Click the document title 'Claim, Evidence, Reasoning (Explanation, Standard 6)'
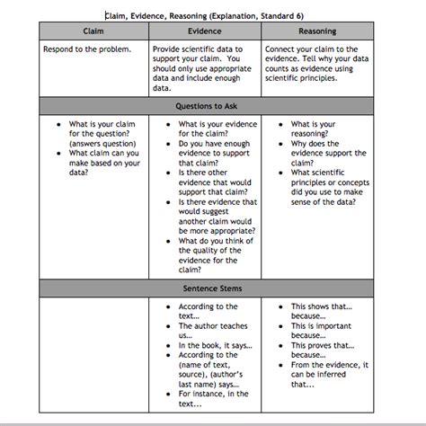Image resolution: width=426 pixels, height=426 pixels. coord(209,15)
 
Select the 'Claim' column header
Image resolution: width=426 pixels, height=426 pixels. coord(93,31)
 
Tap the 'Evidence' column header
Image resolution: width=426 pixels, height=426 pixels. coord(205,31)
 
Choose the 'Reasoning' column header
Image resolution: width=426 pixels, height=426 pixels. coord(316,31)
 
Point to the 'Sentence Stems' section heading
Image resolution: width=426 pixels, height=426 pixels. coord(205,288)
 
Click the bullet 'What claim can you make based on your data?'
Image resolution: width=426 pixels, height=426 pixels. coord(103,163)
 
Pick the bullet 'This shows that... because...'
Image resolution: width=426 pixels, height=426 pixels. coord(322,312)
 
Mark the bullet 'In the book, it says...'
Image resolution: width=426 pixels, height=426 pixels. coord(214,345)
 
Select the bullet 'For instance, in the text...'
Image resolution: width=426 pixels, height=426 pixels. coord(211,398)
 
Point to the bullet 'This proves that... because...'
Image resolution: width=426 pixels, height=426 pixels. coord(322,350)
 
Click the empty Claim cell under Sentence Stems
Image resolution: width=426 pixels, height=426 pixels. coord(93,356)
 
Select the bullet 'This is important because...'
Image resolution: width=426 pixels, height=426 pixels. coord(322,331)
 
